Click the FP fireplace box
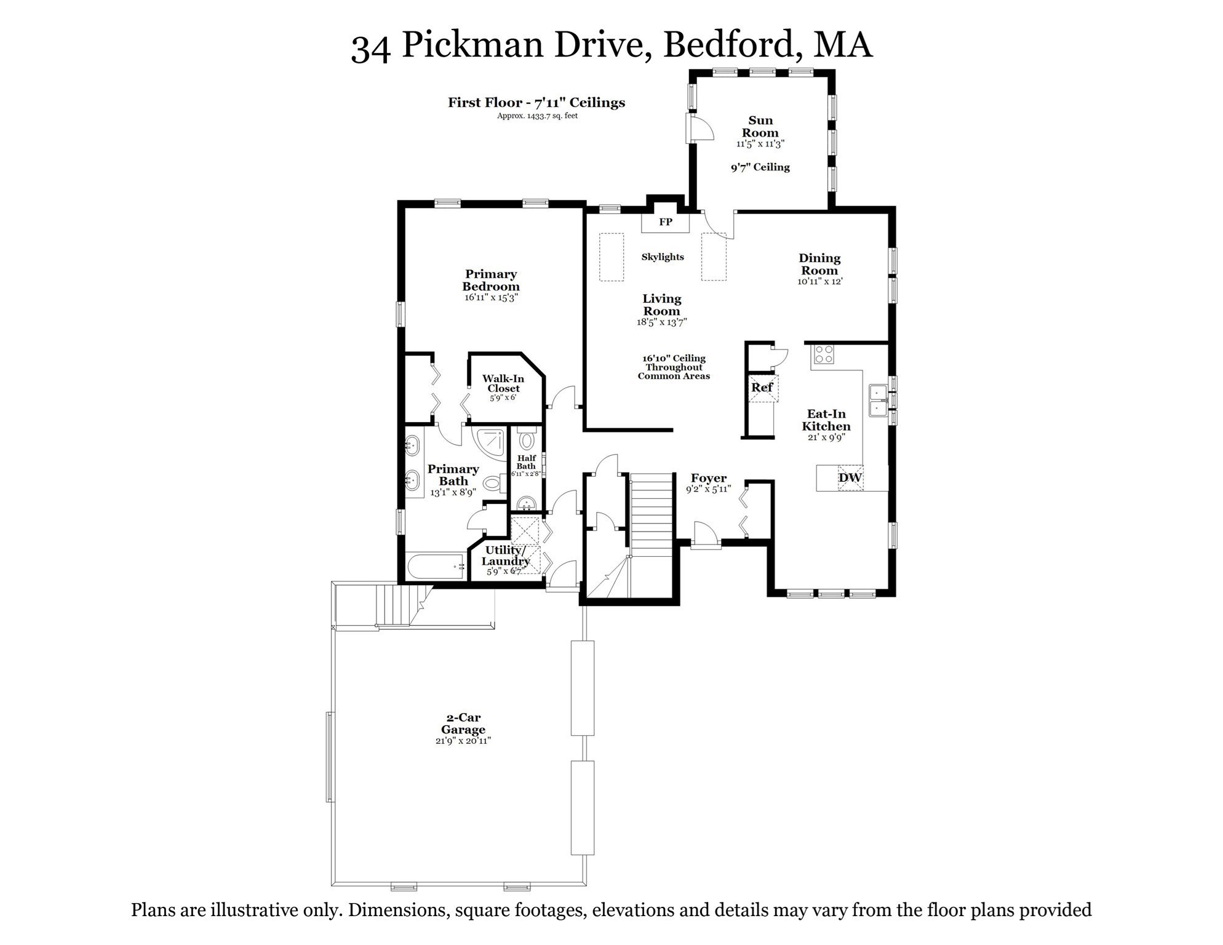[x=665, y=222]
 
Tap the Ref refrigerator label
[x=762, y=388]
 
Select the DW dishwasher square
[x=850, y=477]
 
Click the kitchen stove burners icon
[x=824, y=354]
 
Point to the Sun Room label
[x=760, y=127]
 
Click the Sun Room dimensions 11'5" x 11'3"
[x=760, y=144]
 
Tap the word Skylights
[x=663, y=257]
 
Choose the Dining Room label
[x=819, y=265]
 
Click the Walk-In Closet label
[x=503, y=383]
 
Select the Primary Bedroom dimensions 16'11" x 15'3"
[x=491, y=298]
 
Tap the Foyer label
[x=709, y=478]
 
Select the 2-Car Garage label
[x=463, y=724]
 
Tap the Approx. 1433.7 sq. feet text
[x=537, y=116]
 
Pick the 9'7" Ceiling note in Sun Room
[x=760, y=167]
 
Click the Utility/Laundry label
[x=505, y=556]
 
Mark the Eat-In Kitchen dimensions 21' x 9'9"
[x=826, y=437]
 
